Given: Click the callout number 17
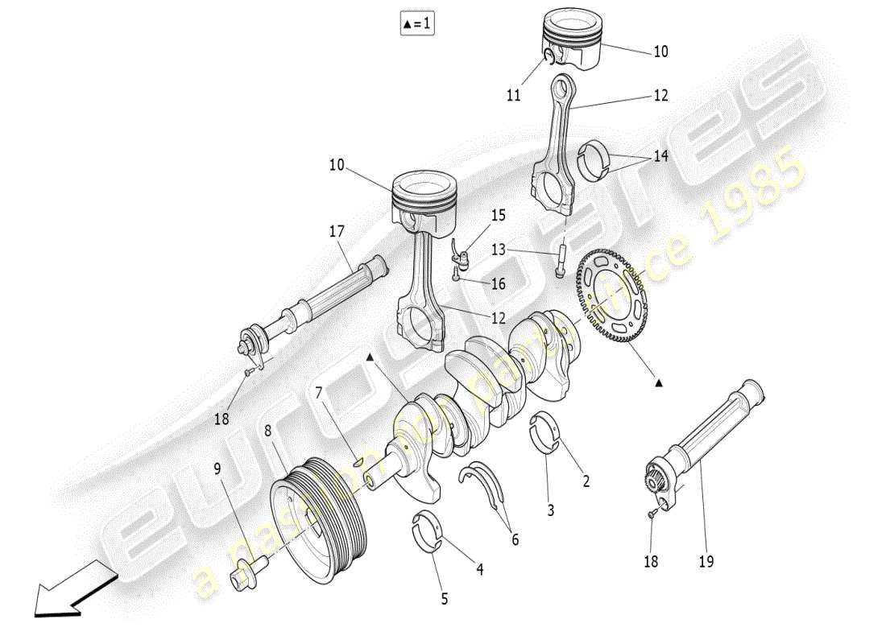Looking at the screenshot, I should [x=336, y=231].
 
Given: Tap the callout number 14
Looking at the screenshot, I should [x=660, y=156].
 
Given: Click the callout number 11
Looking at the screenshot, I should [x=514, y=95].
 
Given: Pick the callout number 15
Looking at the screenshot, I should [x=499, y=215].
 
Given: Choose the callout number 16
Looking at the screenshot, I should [x=499, y=283].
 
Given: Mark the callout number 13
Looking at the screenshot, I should [x=499, y=250].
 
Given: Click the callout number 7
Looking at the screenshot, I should [x=319, y=392].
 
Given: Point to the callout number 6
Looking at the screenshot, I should [x=515, y=540].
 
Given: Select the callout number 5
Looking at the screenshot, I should [x=444, y=598].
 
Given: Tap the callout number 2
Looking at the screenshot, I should [x=586, y=481].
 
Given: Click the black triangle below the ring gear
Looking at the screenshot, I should [x=659, y=383].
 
